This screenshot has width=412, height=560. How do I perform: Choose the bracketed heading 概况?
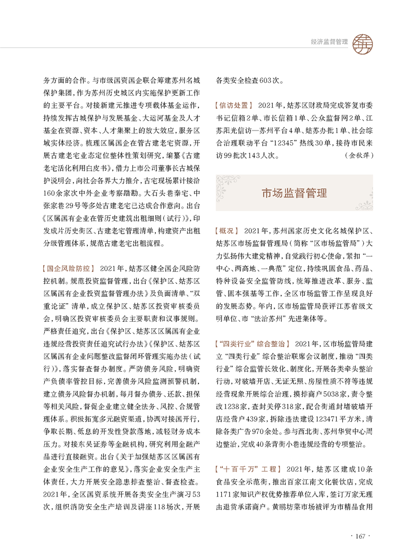[226, 230]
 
